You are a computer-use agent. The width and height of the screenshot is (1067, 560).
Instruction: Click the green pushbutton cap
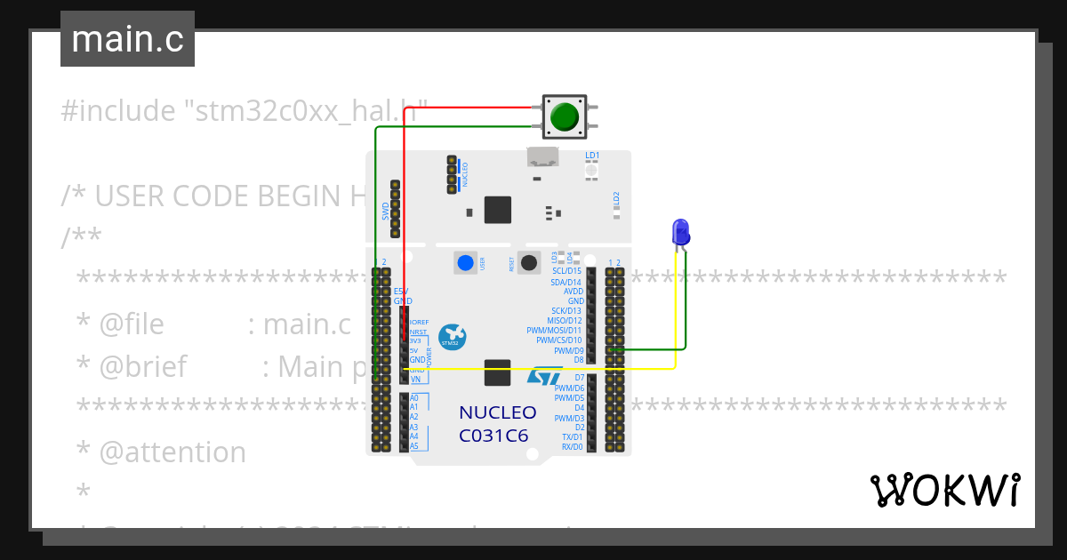pos(565,116)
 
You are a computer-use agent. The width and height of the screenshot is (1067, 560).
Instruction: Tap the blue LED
pos(680,233)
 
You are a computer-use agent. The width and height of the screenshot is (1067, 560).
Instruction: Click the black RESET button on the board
pos(530,262)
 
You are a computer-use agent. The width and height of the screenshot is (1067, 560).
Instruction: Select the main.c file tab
pos(127,39)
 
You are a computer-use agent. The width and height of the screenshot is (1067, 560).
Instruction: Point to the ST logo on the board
pos(544,376)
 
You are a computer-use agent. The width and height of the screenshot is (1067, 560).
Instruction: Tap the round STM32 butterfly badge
pos(453,337)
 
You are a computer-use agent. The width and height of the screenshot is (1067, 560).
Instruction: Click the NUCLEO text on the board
pos(497,413)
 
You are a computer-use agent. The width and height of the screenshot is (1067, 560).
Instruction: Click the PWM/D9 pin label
pos(568,350)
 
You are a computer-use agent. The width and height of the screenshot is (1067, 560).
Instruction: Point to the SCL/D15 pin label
pos(566,271)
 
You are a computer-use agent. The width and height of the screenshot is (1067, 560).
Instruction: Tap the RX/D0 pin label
pos(572,447)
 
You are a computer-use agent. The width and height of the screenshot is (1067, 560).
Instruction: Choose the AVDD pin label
pos(574,291)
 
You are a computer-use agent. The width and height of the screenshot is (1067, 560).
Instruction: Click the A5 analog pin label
pos(414,446)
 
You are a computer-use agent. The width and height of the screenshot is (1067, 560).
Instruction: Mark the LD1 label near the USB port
pos(592,155)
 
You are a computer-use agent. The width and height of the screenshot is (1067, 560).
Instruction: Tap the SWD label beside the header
pos(386,211)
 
